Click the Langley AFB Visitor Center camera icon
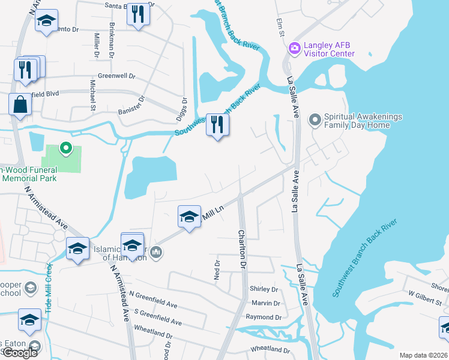(294, 48)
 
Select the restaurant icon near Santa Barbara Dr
(139, 14)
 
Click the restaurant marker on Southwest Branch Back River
(217, 125)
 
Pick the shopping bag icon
(20, 104)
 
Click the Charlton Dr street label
(243, 248)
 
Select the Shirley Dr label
(264, 289)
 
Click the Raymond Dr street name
(264, 317)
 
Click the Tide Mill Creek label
(49, 287)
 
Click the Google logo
(20, 353)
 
